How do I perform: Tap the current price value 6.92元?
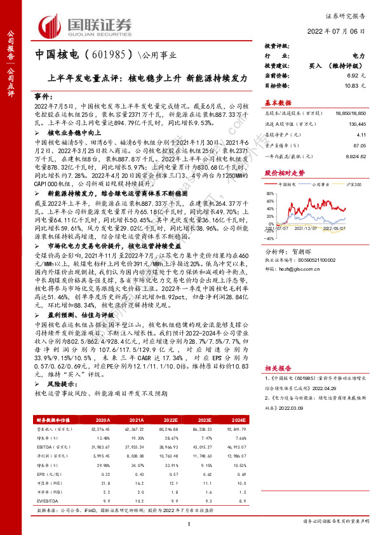pyautogui.click(x=356, y=75)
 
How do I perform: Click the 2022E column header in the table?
pyautogui.click(x=171, y=420)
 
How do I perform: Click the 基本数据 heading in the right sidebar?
pyautogui.click(x=278, y=102)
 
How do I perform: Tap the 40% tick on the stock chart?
pyautogui.click(x=269, y=184)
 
